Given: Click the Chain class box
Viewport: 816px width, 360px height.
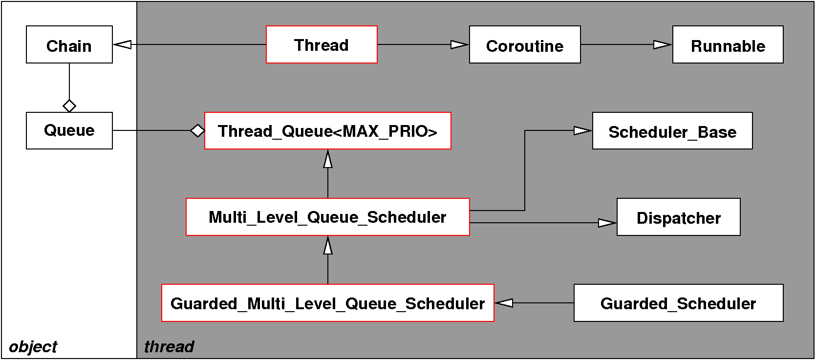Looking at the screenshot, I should click(x=69, y=45).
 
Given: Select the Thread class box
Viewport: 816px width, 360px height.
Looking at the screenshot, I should click(x=322, y=45).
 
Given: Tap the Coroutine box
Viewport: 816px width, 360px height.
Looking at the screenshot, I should click(x=525, y=45).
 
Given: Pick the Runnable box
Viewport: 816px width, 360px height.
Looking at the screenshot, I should click(x=728, y=45).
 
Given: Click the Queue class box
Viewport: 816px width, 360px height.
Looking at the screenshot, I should click(x=69, y=131).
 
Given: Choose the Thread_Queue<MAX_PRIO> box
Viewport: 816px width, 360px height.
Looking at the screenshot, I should click(x=327, y=131).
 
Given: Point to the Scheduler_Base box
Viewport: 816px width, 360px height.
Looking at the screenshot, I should click(x=672, y=131).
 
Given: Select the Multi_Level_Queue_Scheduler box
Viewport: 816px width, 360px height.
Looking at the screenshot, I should click(x=327, y=217).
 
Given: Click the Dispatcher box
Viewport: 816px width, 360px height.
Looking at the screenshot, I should click(x=678, y=217).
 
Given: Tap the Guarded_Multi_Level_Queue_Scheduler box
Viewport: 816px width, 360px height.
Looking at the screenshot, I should click(x=327, y=303).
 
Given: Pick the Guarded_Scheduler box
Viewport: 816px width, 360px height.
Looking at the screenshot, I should click(x=678, y=303).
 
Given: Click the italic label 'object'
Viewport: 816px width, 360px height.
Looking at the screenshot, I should click(x=33, y=347).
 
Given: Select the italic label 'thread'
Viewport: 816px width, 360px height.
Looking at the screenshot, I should click(x=169, y=347).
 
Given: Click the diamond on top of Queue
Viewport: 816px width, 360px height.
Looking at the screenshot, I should click(x=69, y=106).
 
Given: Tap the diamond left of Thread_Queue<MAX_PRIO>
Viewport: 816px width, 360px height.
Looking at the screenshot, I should click(x=197, y=131).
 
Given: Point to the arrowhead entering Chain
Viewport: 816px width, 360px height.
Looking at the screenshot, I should click(x=122, y=45).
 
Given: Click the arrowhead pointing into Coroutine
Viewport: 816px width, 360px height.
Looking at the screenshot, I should click(x=459, y=45).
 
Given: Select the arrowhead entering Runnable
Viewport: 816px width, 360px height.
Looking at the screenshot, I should click(x=663, y=45).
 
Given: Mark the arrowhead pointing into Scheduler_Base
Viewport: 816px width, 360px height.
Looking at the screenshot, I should click(x=582, y=130).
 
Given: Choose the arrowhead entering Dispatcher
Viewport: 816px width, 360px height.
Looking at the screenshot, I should click(x=607, y=223).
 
